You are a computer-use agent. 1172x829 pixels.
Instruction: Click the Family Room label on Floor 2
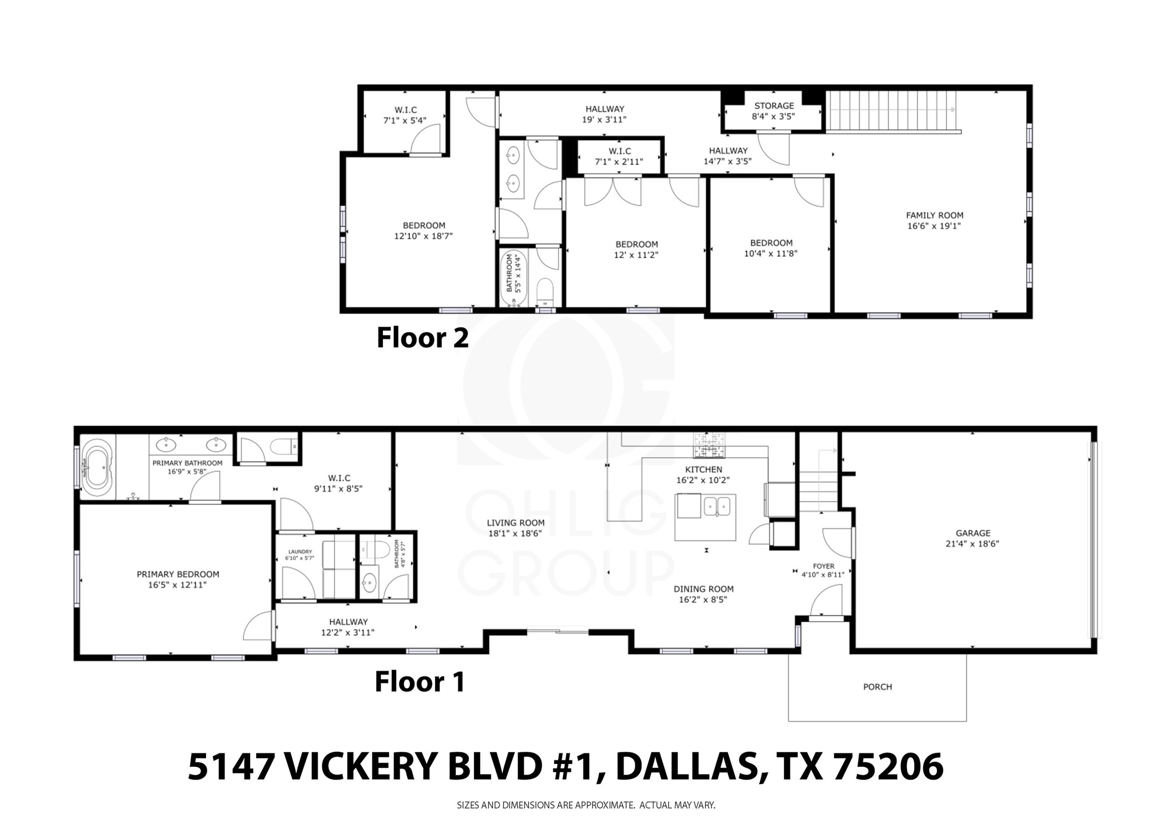934,215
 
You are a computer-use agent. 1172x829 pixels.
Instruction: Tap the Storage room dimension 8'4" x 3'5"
774,117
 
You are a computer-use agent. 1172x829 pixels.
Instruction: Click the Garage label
972,533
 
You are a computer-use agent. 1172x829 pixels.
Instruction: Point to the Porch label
877,687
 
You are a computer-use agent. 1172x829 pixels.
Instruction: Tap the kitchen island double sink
717,507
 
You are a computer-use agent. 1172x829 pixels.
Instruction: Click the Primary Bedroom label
178,574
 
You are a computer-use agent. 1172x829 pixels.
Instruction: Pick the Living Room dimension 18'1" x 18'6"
515,534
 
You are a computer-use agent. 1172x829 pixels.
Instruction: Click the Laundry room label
300,552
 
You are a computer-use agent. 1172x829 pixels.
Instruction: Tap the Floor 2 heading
422,337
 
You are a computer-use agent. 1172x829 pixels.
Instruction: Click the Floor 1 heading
420,682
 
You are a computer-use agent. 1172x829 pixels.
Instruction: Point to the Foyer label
823,566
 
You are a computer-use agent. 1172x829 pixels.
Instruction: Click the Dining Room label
704,589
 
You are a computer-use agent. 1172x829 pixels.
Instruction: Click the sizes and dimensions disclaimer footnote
586,805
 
